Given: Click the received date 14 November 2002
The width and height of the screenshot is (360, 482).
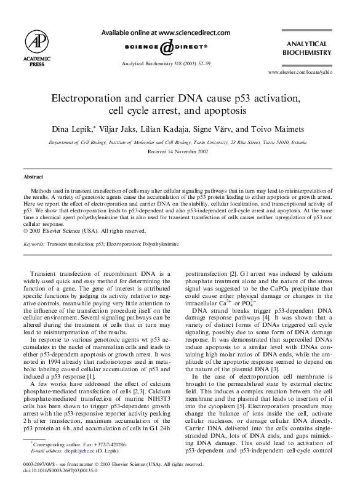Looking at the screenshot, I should point(179,150).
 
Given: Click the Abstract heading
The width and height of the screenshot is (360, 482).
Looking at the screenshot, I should point(33,177).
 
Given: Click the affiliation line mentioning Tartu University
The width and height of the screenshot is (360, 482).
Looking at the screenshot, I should point(179,141).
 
